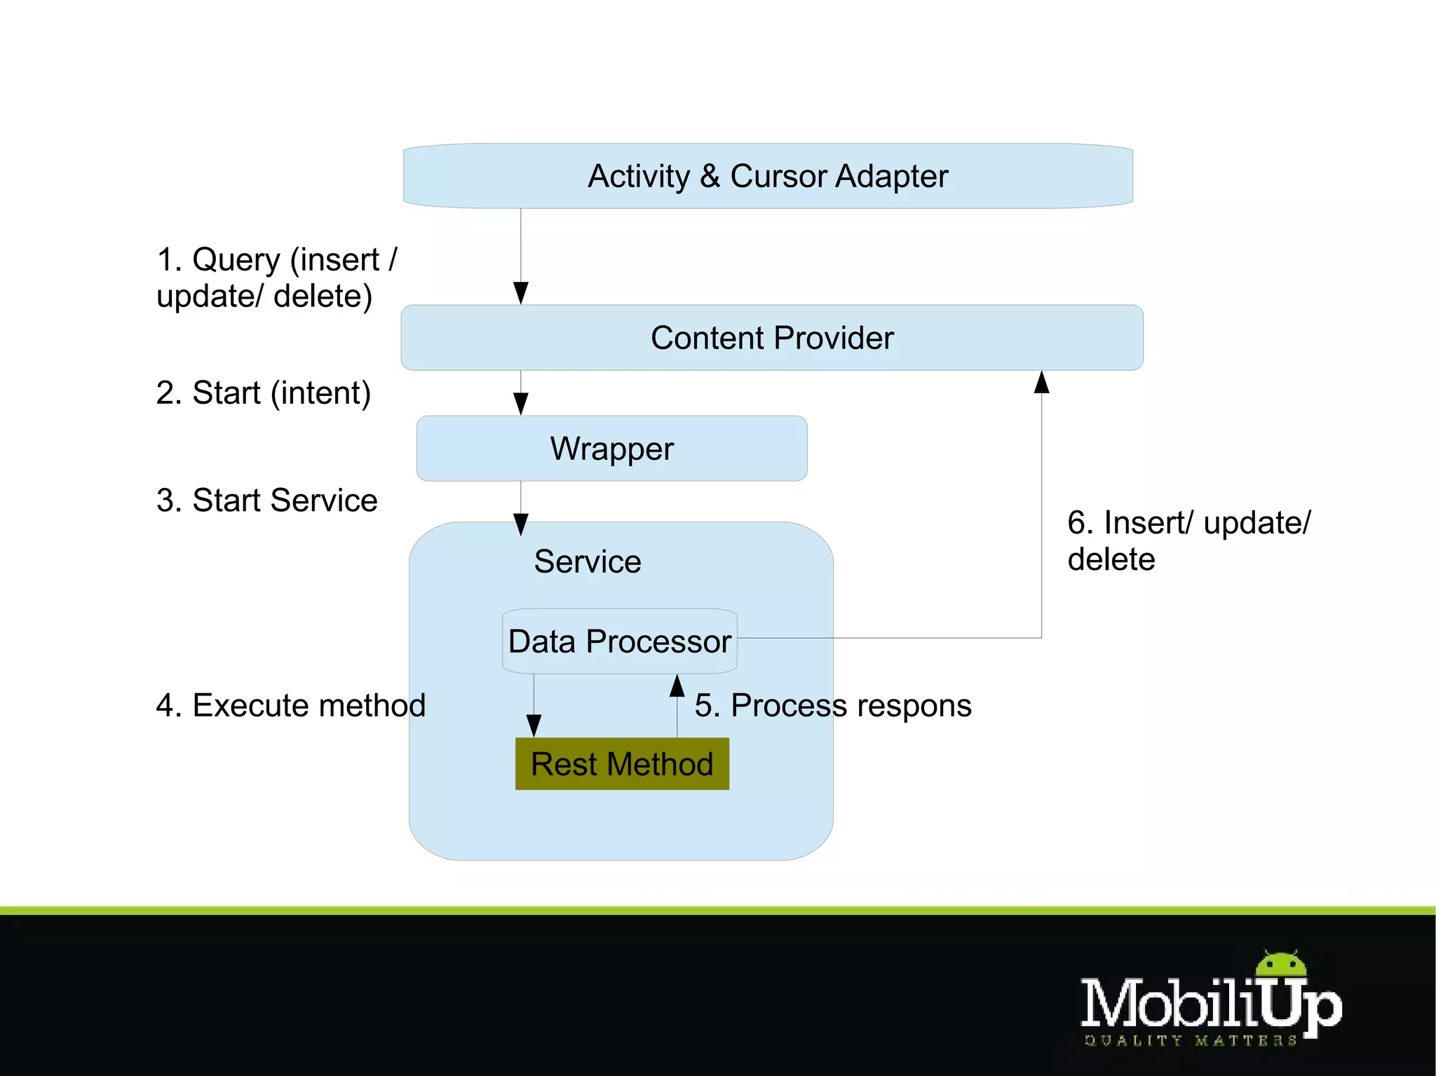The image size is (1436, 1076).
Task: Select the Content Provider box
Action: pos(771,338)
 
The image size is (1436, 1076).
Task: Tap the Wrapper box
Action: pos(611,449)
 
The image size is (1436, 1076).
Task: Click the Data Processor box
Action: pos(620,641)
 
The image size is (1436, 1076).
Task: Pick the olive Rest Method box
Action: pos(622,764)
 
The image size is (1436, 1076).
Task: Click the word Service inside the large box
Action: pos(588,561)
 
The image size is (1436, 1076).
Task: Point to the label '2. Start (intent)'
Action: pos(264,393)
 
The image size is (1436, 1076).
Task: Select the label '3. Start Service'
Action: pos(267,500)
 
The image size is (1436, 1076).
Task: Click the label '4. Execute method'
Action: pos(291,705)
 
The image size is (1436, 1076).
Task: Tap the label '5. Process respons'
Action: pos(833,705)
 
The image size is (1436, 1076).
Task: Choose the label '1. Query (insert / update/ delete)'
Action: pos(276,278)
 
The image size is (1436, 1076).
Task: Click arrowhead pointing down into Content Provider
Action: pos(521,293)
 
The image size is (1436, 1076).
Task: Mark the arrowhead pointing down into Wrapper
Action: pos(521,404)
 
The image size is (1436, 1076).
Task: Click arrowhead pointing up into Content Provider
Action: pos(1042,383)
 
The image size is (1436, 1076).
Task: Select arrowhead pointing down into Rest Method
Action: pos(534,726)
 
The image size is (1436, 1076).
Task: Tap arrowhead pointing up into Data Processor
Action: pos(677,686)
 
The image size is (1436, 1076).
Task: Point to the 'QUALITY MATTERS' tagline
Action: pos(1190,1041)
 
